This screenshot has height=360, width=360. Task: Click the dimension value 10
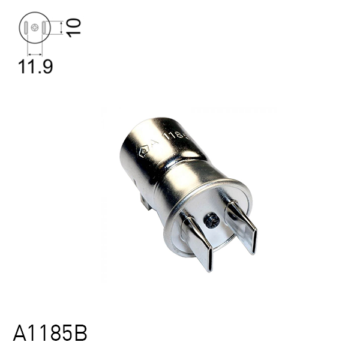click(73, 27)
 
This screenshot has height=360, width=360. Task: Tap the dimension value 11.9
click(35, 66)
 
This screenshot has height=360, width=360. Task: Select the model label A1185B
click(50, 334)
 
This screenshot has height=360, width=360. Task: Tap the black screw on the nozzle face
click(211, 220)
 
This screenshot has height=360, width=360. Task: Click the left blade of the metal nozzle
click(197, 239)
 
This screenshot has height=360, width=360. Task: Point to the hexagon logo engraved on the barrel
click(143, 151)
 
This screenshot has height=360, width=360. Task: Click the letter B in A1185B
click(80, 334)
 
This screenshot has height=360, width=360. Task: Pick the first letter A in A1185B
click(19, 334)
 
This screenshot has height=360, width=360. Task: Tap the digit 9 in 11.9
click(46, 66)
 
